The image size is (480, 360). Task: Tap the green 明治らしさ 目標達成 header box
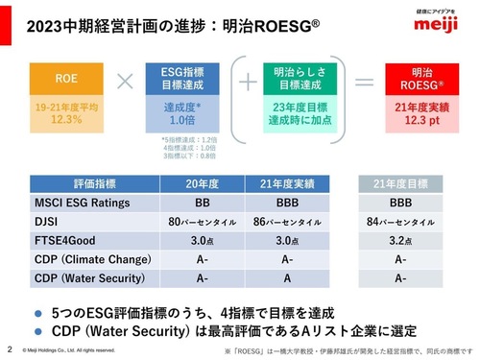(x=296, y=77)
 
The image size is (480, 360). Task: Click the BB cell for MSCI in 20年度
(x=204, y=204)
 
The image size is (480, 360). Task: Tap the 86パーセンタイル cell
(x=290, y=223)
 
